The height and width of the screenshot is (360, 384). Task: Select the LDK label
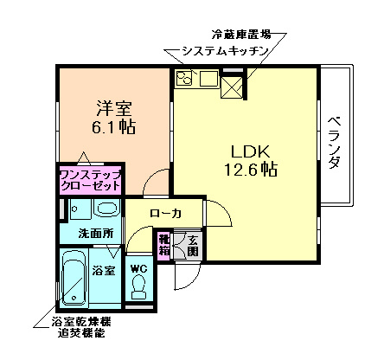pos(243,150)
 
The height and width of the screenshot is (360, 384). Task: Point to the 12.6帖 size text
pos(245,170)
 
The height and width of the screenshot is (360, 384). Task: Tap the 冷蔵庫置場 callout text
pos(245,35)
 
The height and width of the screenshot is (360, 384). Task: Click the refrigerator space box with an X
pos(233,85)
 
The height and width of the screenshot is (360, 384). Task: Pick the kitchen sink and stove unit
pos(196,82)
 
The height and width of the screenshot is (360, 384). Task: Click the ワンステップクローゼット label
pos(91,180)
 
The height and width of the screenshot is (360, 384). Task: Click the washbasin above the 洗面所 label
pos(106,210)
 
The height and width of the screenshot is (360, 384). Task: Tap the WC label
pos(138,268)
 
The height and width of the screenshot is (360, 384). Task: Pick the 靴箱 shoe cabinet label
pos(163,243)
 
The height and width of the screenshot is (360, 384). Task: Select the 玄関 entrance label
pos(192,245)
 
